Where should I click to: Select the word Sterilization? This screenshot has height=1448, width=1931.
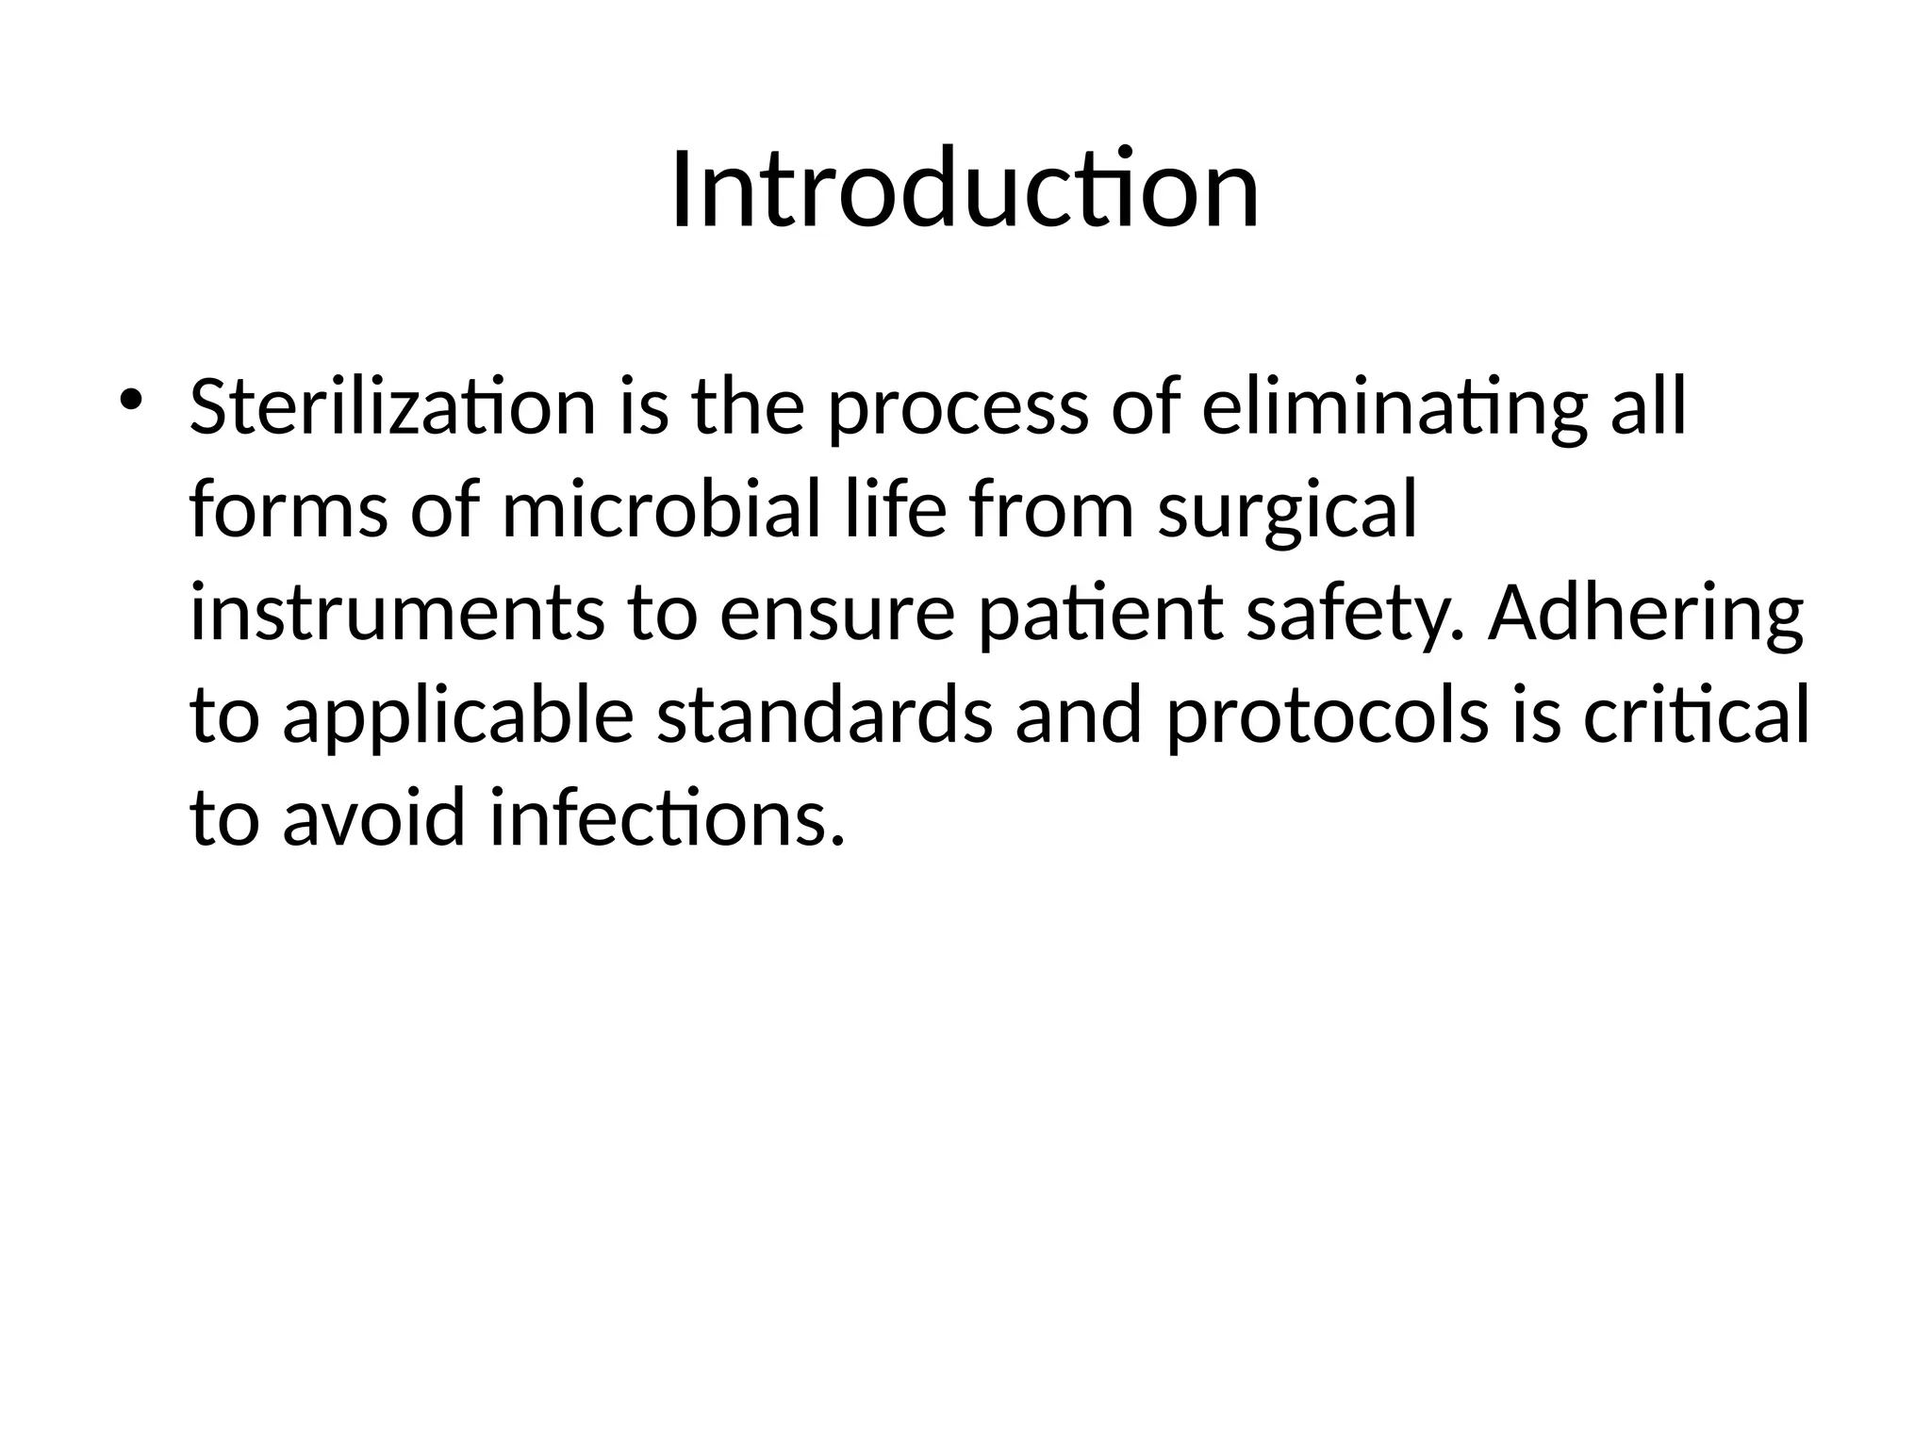point(392,407)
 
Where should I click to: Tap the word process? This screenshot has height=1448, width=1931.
point(957,407)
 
